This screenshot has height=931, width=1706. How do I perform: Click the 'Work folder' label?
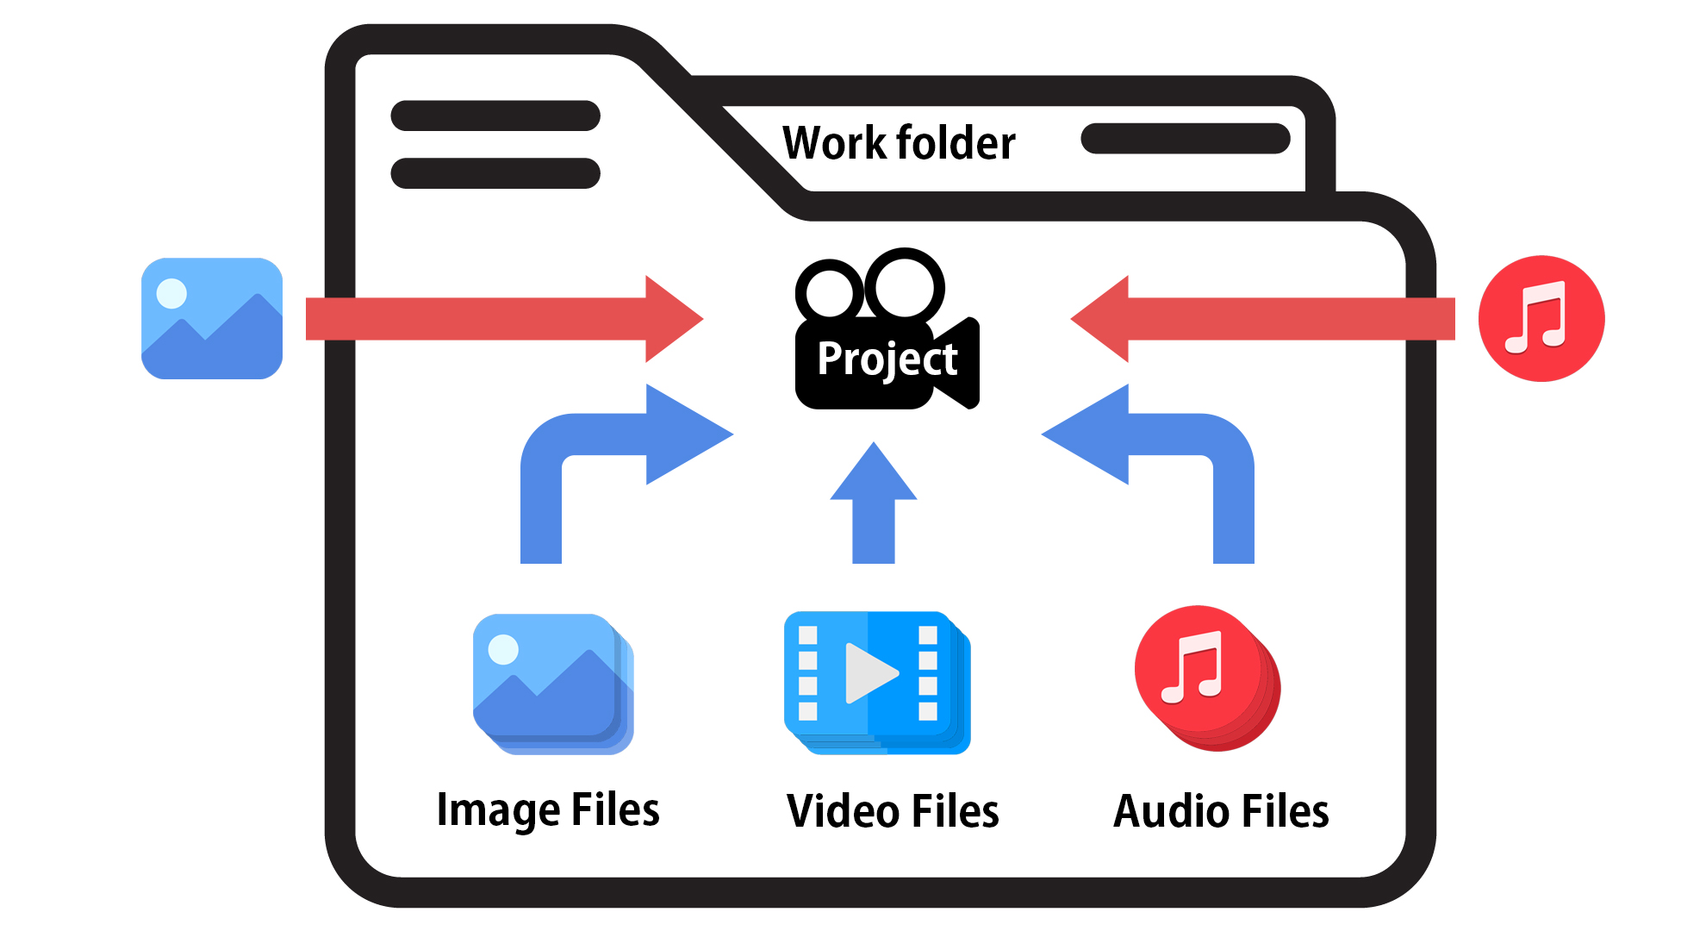(899, 143)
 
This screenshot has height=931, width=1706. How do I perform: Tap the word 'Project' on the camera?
(887, 359)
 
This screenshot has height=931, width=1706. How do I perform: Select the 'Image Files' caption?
(548, 810)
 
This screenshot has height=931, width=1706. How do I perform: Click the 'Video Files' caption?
(893, 811)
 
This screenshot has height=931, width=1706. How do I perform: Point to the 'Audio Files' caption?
(1221, 811)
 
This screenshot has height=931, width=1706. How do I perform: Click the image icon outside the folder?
(212, 318)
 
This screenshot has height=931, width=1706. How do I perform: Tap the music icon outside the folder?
(1541, 318)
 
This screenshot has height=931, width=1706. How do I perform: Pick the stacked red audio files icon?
(1206, 677)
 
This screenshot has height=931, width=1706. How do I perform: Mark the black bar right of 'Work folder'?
(1185, 139)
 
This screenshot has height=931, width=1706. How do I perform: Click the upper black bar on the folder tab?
(495, 116)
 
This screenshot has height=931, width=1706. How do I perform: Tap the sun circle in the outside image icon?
(171, 293)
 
